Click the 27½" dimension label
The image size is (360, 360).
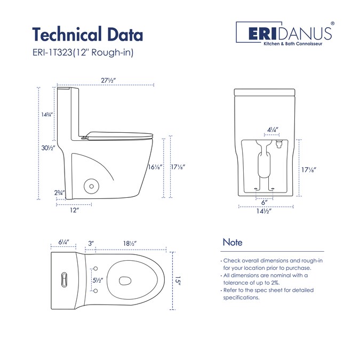tap(108, 81)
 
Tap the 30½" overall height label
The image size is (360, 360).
tap(48, 148)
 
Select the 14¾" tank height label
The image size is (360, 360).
tap(47, 114)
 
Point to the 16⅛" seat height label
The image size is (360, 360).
tap(155, 167)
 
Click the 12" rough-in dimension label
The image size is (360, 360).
tap(75, 210)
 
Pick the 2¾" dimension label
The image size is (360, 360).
tap(59, 193)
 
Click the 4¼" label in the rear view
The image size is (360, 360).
tap(273, 130)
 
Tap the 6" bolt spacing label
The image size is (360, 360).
tap(265, 202)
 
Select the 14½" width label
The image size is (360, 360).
tap(264, 211)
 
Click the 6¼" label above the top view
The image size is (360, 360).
tap(63, 242)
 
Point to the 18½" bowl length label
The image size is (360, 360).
tap(130, 243)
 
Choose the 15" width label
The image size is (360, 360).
tap(178, 281)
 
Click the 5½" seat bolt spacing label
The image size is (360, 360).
tap(98, 281)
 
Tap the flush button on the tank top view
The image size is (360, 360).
tap(65, 279)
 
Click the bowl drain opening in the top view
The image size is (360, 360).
tap(125, 281)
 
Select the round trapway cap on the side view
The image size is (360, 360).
tap(91, 186)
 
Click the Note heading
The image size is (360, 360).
tap(233, 243)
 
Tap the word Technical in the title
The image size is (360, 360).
tap(67, 35)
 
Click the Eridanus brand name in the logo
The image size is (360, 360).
tap(290, 34)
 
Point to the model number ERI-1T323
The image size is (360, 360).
tap(53, 53)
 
